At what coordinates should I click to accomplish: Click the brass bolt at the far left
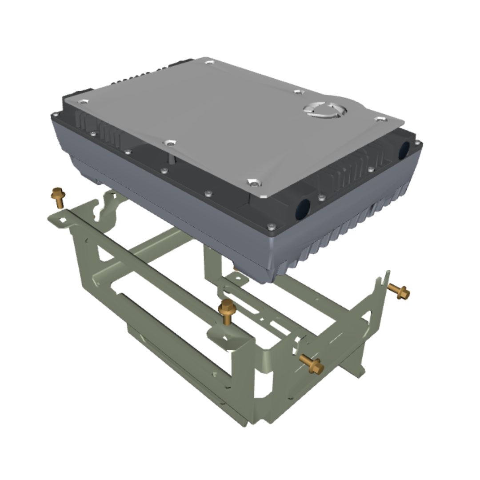click(58, 197)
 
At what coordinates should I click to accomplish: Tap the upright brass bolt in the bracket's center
click(227, 312)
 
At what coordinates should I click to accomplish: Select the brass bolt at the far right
click(399, 291)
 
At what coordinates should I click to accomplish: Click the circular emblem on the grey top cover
click(326, 109)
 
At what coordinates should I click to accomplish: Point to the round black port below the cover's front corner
click(303, 208)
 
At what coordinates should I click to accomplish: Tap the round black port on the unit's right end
click(404, 150)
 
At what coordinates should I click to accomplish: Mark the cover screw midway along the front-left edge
click(168, 143)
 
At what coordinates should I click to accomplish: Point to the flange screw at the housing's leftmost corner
click(55, 115)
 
